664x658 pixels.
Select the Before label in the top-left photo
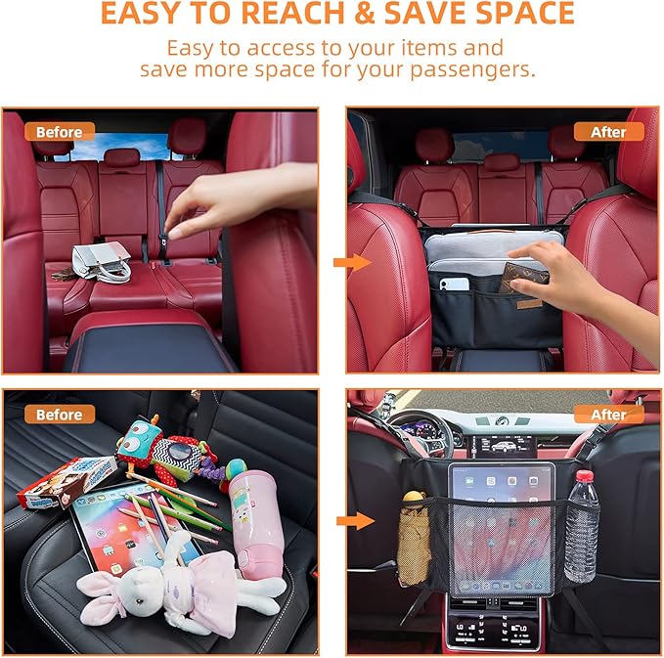(59, 131)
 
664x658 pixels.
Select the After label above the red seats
(608, 131)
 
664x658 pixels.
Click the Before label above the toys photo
(59, 415)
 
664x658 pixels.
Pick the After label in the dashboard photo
(608, 415)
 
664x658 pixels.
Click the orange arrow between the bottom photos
(358, 520)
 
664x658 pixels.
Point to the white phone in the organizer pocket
(454, 285)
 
